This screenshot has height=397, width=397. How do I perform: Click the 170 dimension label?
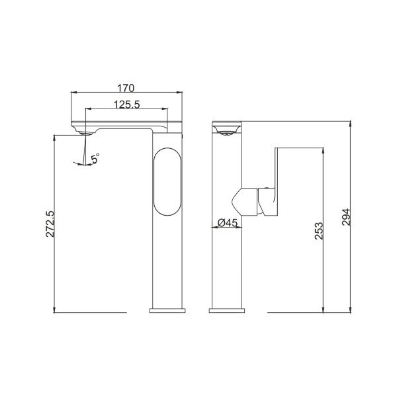126,88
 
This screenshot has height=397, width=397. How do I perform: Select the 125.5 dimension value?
126,105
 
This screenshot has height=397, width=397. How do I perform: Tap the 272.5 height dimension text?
50,224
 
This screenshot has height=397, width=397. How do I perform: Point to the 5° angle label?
95,158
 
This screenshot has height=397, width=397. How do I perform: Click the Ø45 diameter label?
228,223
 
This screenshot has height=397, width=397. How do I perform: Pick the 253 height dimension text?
319,231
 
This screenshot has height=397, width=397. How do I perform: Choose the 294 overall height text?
346,217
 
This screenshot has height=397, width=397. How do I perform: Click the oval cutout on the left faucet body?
167,182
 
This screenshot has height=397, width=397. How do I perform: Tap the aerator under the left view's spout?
85,133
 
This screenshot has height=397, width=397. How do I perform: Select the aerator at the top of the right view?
226,133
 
